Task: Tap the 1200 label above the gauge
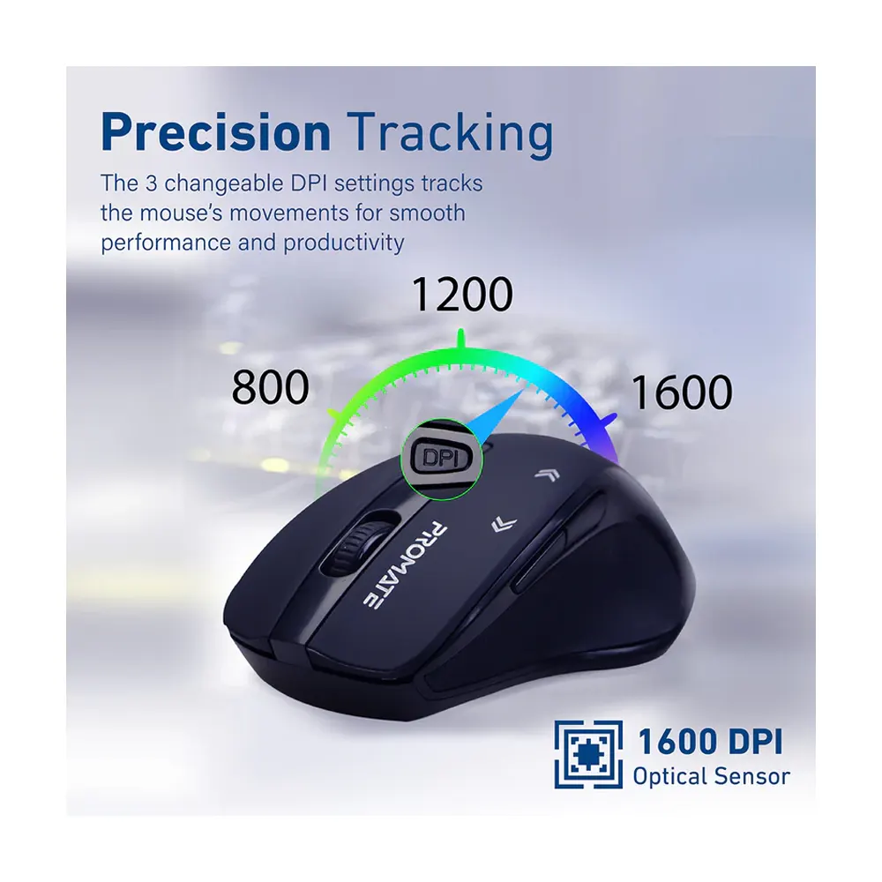(462, 295)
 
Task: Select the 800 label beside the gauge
(271, 387)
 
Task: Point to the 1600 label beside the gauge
(682, 392)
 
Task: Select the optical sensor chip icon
(587, 754)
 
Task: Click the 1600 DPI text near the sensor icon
(710, 742)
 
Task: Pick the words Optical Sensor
(711, 776)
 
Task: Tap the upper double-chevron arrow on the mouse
(548, 475)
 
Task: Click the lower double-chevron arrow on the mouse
(504, 524)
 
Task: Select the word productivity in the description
(344, 243)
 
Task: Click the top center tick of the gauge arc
(461, 340)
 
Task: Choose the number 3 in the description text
(152, 184)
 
